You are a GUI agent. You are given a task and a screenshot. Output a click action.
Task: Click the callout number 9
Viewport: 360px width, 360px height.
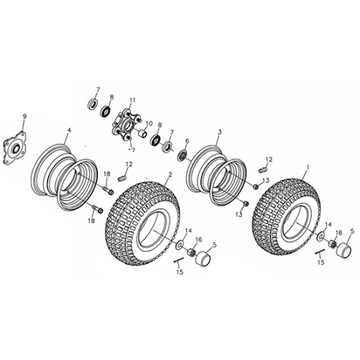click(x=24, y=116)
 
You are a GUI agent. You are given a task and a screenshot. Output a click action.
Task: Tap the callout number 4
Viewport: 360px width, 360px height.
click(x=69, y=132)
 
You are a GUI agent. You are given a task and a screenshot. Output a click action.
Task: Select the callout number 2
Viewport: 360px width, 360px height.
click(x=169, y=174)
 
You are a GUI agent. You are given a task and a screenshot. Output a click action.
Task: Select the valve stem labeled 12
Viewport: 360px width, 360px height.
click(x=262, y=168)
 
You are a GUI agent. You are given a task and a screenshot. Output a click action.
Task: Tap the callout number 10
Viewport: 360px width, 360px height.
click(x=150, y=123)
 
